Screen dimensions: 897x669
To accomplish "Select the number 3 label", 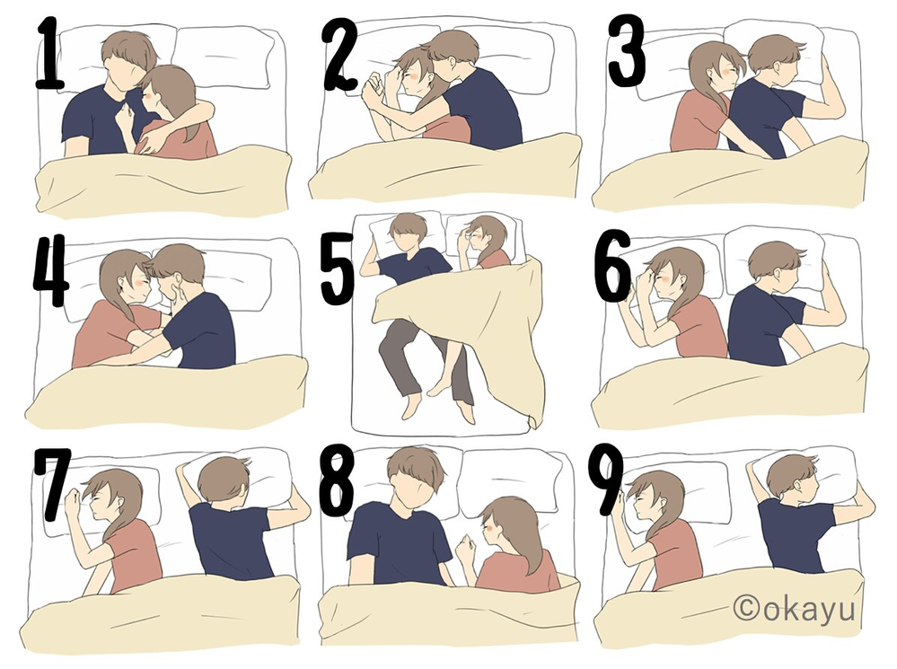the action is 627,52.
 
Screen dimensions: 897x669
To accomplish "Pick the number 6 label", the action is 614,268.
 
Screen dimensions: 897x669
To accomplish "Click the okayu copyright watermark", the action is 794,608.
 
